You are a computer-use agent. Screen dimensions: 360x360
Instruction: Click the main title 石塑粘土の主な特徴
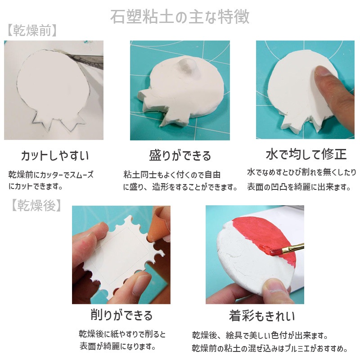(x=180, y=17)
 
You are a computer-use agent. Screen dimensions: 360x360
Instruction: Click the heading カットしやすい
(x=54, y=156)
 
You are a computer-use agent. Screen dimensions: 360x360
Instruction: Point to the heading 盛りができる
(x=180, y=156)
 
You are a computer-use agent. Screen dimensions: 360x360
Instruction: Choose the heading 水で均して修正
(x=306, y=154)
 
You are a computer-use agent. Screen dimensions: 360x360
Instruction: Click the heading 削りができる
(x=121, y=315)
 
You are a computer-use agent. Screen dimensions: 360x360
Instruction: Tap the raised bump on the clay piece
(x=187, y=68)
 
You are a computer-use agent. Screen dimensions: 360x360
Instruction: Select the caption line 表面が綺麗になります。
(x=117, y=346)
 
